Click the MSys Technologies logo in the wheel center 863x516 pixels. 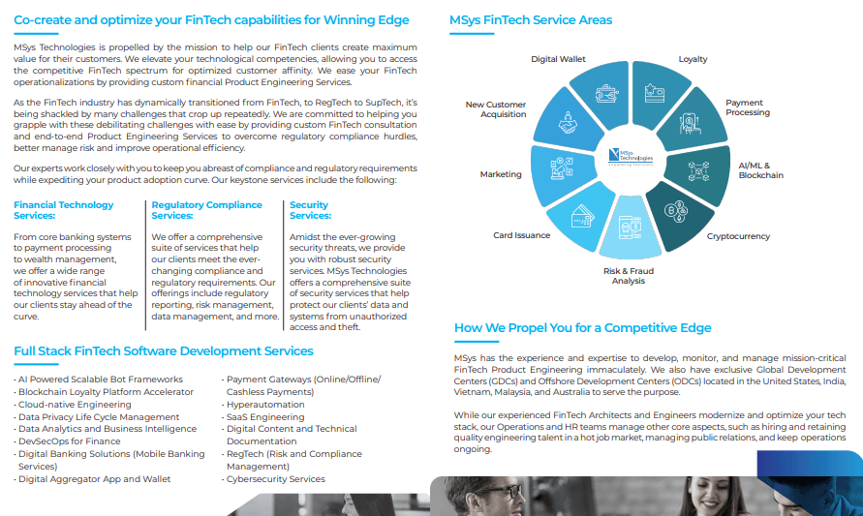(x=631, y=155)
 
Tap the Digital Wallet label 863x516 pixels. (x=558, y=60)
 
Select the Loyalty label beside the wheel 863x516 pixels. (x=693, y=60)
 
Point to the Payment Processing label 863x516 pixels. (x=748, y=107)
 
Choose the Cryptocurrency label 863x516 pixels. (x=738, y=236)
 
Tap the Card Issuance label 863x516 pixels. (x=521, y=235)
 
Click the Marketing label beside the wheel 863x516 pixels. (x=501, y=175)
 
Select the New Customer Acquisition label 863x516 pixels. (x=496, y=109)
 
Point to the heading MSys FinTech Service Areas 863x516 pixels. (x=530, y=20)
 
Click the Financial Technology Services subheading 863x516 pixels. (x=64, y=210)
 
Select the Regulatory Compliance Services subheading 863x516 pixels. (x=206, y=210)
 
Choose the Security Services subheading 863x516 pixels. (x=310, y=210)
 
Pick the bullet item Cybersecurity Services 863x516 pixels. (x=276, y=479)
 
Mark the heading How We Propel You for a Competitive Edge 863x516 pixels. (x=582, y=328)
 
